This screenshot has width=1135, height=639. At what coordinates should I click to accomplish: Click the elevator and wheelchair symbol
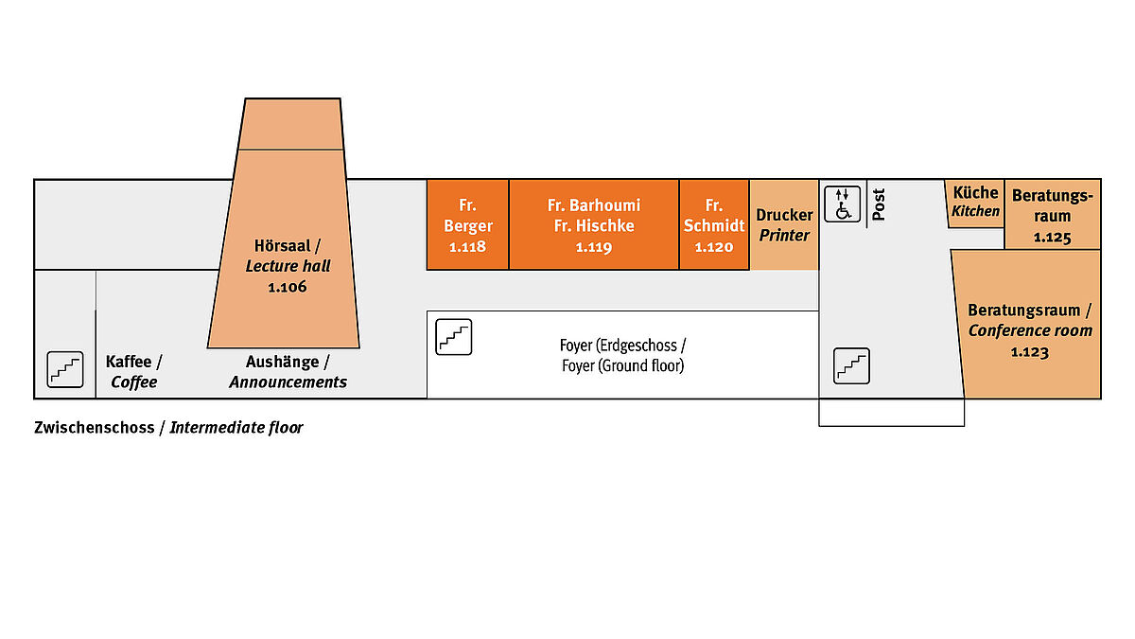(842, 204)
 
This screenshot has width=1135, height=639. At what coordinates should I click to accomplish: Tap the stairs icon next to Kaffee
(65, 369)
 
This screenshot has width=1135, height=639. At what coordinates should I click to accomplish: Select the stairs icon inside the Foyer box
(453, 338)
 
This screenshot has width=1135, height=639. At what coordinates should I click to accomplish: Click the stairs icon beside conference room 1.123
(851, 365)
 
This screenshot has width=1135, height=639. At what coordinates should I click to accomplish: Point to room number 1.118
(467, 247)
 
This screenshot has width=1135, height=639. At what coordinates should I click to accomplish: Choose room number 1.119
(594, 247)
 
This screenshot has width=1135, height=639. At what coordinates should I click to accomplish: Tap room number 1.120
(714, 247)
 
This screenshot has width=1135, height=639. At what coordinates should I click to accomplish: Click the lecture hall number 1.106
(288, 287)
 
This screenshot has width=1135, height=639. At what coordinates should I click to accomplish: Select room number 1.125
(1052, 238)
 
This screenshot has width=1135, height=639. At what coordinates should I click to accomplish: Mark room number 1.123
(1030, 351)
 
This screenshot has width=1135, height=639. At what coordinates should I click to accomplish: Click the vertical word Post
(879, 204)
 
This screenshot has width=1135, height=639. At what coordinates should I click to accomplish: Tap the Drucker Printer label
(784, 225)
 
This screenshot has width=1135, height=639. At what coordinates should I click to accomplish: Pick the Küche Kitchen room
(975, 202)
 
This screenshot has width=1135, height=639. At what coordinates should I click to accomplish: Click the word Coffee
(134, 382)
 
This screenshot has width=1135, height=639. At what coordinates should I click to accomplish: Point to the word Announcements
(288, 382)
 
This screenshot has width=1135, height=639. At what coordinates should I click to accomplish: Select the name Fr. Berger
(467, 216)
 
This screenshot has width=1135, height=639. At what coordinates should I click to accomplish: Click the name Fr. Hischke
(594, 226)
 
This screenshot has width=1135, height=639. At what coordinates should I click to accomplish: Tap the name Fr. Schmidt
(714, 216)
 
